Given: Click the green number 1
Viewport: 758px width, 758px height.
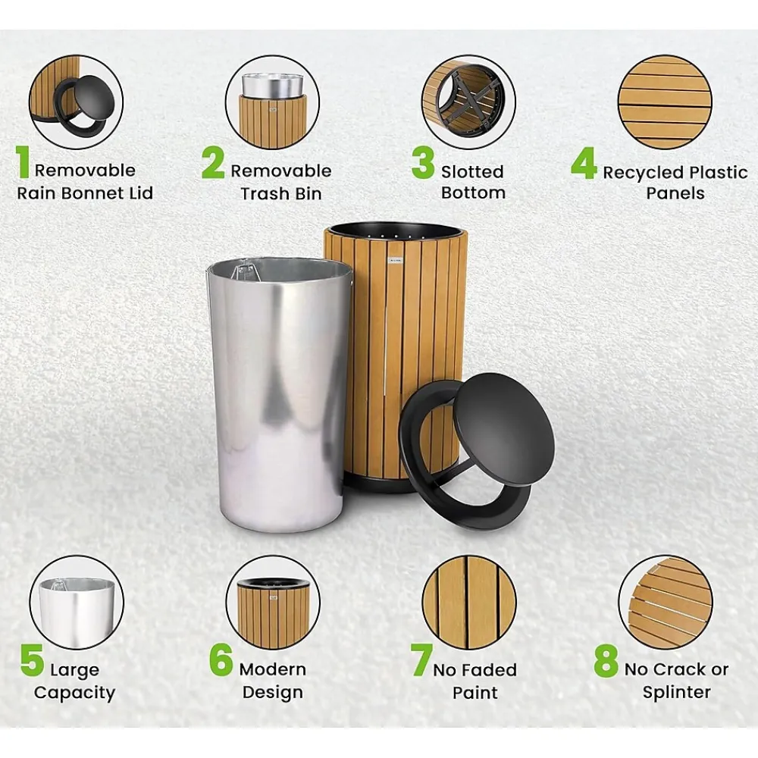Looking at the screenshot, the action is click(x=23, y=162).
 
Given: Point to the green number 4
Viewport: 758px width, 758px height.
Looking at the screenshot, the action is click(x=584, y=163).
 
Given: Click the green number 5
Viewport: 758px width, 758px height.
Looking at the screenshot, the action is click(x=33, y=660).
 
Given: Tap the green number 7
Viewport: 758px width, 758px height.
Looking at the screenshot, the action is click(x=421, y=660).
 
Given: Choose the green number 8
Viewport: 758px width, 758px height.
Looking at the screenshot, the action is click(x=606, y=660).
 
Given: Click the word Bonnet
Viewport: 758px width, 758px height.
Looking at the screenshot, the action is click(x=92, y=193).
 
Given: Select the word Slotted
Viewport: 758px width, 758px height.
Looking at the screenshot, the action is click(x=472, y=171).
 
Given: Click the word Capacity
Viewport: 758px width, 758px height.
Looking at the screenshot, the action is click(x=74, y=694).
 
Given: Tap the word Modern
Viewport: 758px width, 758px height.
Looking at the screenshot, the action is click(x=273, y=669).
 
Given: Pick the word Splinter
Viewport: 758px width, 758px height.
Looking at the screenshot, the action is click(x=676, y=693).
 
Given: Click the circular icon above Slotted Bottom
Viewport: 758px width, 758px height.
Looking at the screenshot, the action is click(x=468, y=102).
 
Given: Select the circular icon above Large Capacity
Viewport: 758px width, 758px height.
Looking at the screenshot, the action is click(x=77, y=603).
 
